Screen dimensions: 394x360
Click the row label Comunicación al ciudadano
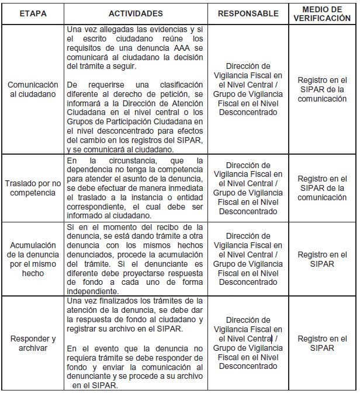(33, 90)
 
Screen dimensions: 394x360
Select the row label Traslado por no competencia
(33, 188)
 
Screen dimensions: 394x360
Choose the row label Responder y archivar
(33, 344)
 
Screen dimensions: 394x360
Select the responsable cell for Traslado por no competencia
(248, 188)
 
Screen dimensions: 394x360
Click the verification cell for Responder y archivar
(322, 344)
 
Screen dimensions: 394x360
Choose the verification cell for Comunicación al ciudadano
(322, 89)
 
